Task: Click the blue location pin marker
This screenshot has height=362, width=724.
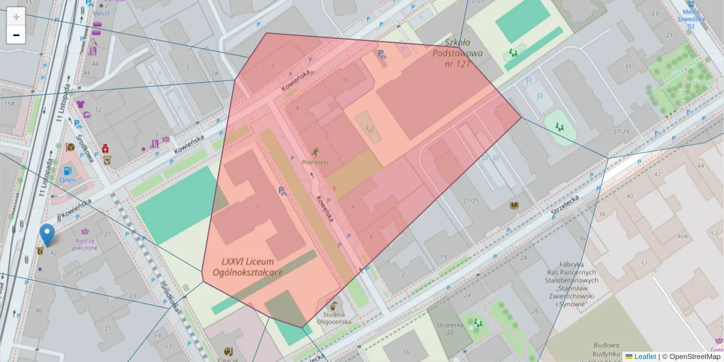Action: point(46,234)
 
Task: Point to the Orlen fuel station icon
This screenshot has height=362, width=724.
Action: point(66,170)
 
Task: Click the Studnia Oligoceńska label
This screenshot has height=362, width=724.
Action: point(338,317)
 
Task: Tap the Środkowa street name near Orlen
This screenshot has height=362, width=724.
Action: point(84,148)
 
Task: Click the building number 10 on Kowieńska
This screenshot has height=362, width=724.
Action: point(345,79)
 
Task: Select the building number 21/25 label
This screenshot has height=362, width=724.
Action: point(471,200)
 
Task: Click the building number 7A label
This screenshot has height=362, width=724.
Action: point(214,74)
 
